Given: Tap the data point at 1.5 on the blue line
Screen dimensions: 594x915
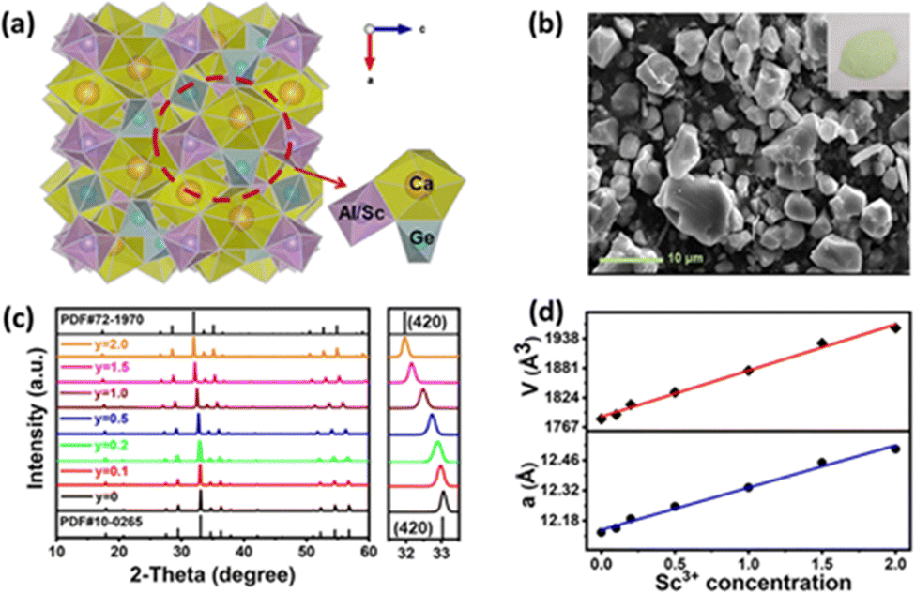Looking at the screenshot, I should tap(822, 463).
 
